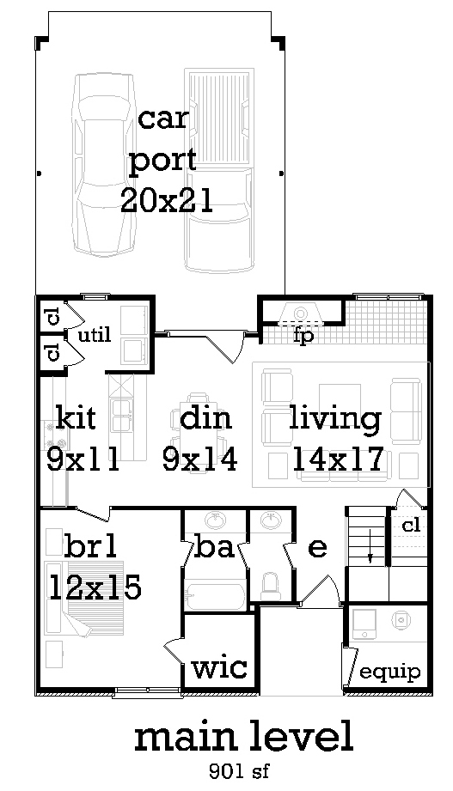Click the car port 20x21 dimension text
167,201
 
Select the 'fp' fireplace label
303,337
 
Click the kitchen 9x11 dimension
83,459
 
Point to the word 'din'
205,418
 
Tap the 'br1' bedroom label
91,547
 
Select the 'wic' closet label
220,667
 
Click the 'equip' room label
389,672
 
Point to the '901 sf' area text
239,771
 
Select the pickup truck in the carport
218,171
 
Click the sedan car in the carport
105,163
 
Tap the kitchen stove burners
51,435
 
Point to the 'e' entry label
316,548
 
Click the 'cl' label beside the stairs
411,526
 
